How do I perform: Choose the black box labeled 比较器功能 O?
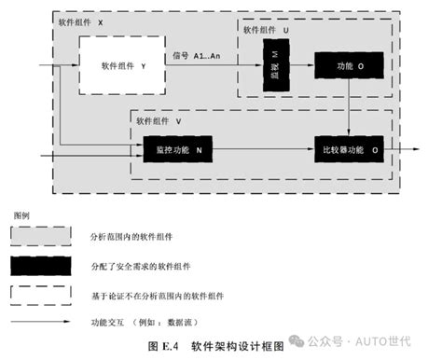coord(349,148)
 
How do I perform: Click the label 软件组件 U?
coord(267,30)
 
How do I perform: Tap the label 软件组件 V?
coord(159,120)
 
